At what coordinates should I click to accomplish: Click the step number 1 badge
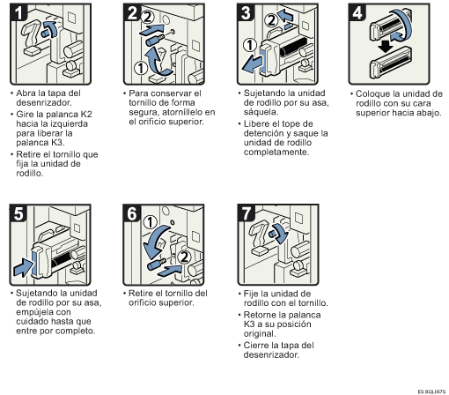pos(18,12)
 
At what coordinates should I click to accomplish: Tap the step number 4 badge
pos(357,12)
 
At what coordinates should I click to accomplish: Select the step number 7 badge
pos(247,212)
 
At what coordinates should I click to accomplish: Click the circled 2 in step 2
pos(148,17)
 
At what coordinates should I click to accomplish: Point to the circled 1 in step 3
pos(250,46)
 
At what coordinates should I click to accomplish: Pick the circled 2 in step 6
pos(185,257)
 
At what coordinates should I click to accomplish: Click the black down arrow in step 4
pos(386,46)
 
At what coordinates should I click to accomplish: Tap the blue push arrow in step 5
pos(23,267)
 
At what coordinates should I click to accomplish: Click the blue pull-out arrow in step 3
pos(252,65)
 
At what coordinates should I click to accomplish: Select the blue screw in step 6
pos(156,265)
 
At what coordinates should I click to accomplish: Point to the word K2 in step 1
pos(86,114)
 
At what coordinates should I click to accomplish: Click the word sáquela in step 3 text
pos(261,112)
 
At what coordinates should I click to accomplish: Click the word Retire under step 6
pos(141,294)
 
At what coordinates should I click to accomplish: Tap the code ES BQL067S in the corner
pos(431,391)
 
